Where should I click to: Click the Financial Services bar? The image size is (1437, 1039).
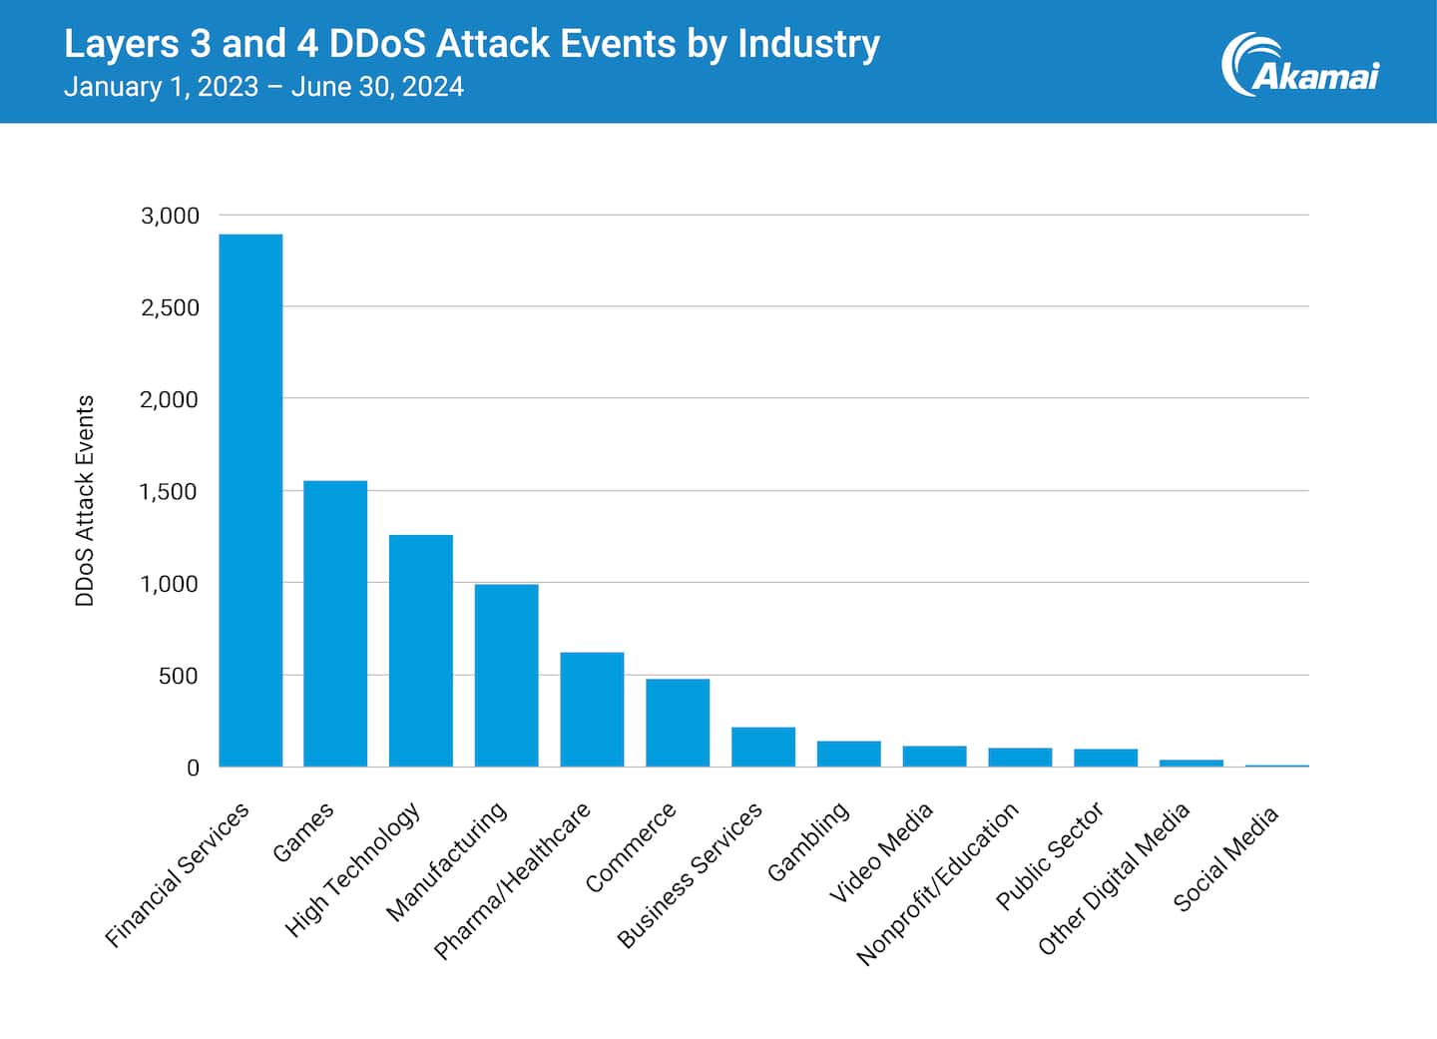pyautogui.click(x=250, y=500)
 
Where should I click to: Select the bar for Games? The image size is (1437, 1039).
pyautogui.click(x=335, y=624)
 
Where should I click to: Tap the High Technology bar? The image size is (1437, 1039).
pyautogui.click(x=421, y=651)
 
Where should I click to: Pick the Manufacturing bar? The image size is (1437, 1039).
pyautogui.click(x=507, y=676)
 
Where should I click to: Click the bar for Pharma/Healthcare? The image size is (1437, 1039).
pyautogui.click(x=592, y=710)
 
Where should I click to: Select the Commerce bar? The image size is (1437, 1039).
pyautogui.click(x=678, y=723)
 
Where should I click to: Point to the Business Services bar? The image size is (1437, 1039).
pyautogui.click(x=763, y=747)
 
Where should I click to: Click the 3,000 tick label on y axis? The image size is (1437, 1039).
pyautogui.click(x=170, y=216)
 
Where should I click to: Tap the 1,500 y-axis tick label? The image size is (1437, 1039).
pyautogui.click(x=170, y=491)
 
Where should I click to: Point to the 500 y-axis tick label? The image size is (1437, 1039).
pyautogui.click(x=178, y=676)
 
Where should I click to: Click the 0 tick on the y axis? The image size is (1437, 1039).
pyautogui.click(x=193, y=768)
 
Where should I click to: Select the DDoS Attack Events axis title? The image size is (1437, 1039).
pyautogui.click(x=85, y=500)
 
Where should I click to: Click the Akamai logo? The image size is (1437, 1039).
pyautogui.click(x=1299, y=66)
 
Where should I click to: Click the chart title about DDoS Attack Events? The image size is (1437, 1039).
pyautogui.click(x=471, y=44)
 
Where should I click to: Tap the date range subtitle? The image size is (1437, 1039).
pyautogui.click(x=263, y=87)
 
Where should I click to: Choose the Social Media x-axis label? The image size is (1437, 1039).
pyautogui.click(x=1225, y=858)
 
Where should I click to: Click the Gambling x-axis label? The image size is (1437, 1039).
pyautogui.click(x=808, y=840)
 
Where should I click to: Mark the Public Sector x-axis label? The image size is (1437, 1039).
pyautogui.click(x=1050, y=855)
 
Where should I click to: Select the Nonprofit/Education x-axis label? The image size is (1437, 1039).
pyautogui.click(x=938, y=883)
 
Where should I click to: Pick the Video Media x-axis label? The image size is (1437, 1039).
pyautogui.click(x=881, y=852)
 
